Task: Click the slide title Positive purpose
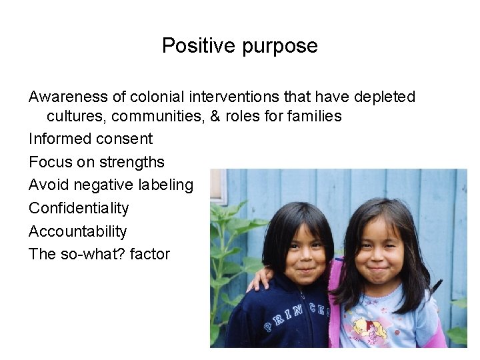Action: click(239, 46)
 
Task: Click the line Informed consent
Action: click(91, 139)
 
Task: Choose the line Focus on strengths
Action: click(97, 162)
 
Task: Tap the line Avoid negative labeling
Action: click(111, 185)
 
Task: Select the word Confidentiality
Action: click(79, 209)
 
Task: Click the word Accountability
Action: click(77, 231)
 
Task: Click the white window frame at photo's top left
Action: click(219, 187)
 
